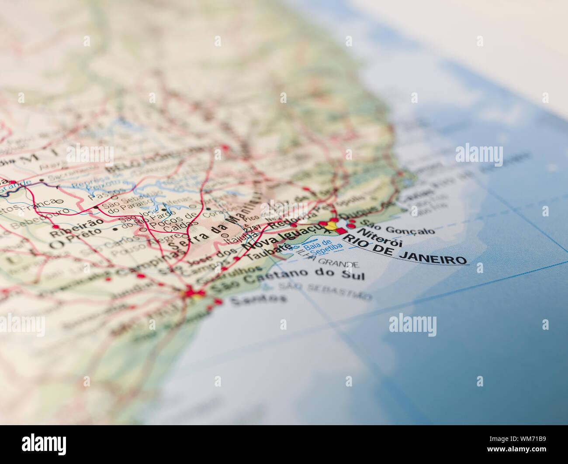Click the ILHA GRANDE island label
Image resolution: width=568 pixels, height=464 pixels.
click(328, 261)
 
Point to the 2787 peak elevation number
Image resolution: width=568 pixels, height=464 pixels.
click(252, 229)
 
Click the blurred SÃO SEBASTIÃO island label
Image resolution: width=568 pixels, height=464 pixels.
click(326, 291)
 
